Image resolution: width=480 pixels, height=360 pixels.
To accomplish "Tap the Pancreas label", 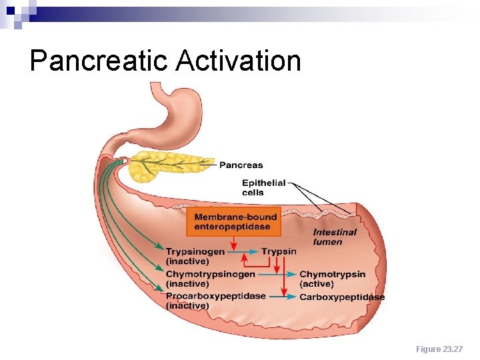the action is point(242,165).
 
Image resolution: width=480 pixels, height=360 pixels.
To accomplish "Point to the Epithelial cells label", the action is point(263,187).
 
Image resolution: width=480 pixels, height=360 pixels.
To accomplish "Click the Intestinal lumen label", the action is point(335,237).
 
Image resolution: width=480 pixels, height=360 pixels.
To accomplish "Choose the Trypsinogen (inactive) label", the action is point(195,257).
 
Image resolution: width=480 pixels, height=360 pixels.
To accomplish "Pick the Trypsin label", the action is point(279,251).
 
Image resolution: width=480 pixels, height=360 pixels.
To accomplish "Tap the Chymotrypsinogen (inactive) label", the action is point(210,279).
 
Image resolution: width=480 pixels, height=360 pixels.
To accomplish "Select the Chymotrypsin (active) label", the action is point(332,279).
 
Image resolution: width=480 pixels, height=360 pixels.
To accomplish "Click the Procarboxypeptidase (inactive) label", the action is point(215,301).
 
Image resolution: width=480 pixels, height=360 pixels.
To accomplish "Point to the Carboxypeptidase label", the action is point(341,297).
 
